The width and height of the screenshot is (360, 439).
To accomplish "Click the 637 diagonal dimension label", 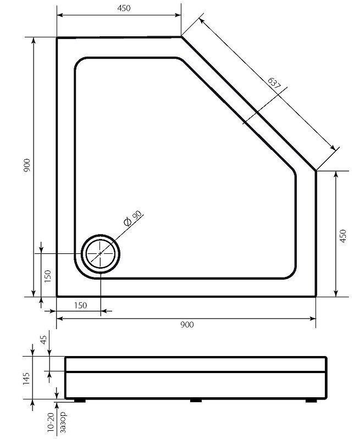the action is pyautogui.click(x=274, y=83).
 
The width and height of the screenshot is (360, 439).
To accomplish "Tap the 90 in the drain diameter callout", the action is pyautogui.click(x=137, y=215).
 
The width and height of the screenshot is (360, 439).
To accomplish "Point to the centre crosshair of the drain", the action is pyautogui.click(x=100, y=253).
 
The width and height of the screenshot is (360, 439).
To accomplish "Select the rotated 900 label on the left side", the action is pyautogui.click(x=27, y=165).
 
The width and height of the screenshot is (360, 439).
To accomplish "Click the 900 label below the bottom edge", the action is pyautogui.click(x=187, y=325).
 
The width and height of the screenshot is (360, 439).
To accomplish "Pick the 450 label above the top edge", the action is pyautogui.click(x=124, y=8).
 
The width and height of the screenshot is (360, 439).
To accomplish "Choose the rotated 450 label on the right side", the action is pyautogui.click(x=342, y=236).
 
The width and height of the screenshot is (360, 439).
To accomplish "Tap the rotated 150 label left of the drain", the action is pyautogui.click(x=48, y=276).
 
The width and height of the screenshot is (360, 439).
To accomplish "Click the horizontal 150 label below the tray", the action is pyautogui.click(x=80, y=305).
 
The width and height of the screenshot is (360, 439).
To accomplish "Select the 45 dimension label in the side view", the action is pyautogui.click(x=45, y=340).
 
